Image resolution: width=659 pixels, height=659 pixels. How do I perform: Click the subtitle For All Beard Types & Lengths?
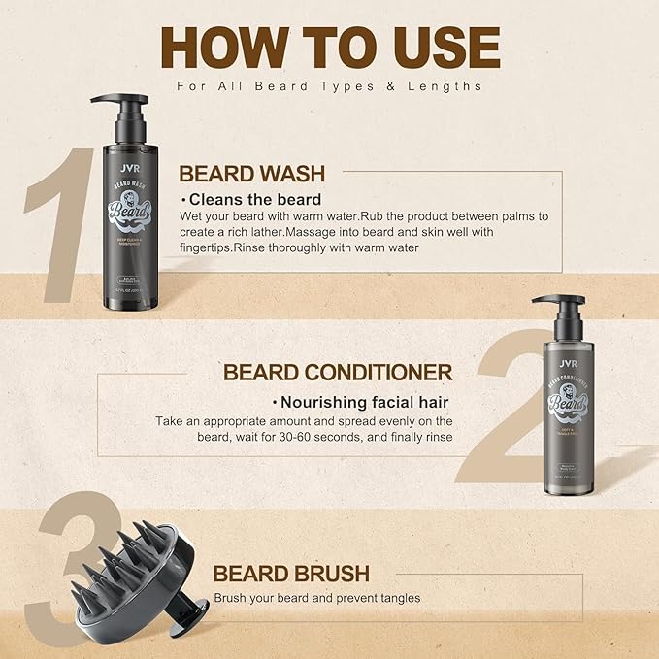tap(329, 85)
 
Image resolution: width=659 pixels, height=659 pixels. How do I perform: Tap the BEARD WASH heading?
tap(251, 174)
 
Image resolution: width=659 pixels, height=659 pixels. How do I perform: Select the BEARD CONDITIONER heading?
tap(338, 372)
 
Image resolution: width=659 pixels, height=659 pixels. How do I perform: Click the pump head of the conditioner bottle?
tap(558, 303)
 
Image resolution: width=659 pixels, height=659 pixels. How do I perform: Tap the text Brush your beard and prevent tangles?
tap(316, 598)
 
